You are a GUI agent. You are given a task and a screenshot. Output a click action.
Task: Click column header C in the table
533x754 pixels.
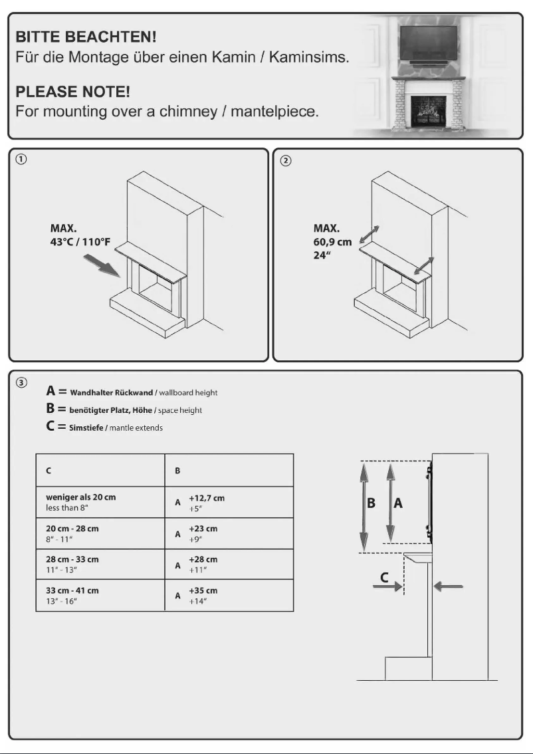49,470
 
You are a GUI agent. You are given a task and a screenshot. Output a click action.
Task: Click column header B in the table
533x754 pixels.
177,470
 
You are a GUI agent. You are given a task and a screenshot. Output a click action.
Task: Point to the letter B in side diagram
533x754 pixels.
372,503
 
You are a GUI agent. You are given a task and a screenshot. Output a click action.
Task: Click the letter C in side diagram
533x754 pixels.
385,577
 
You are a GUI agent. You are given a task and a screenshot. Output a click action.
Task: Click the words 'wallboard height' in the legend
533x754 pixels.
193,392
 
